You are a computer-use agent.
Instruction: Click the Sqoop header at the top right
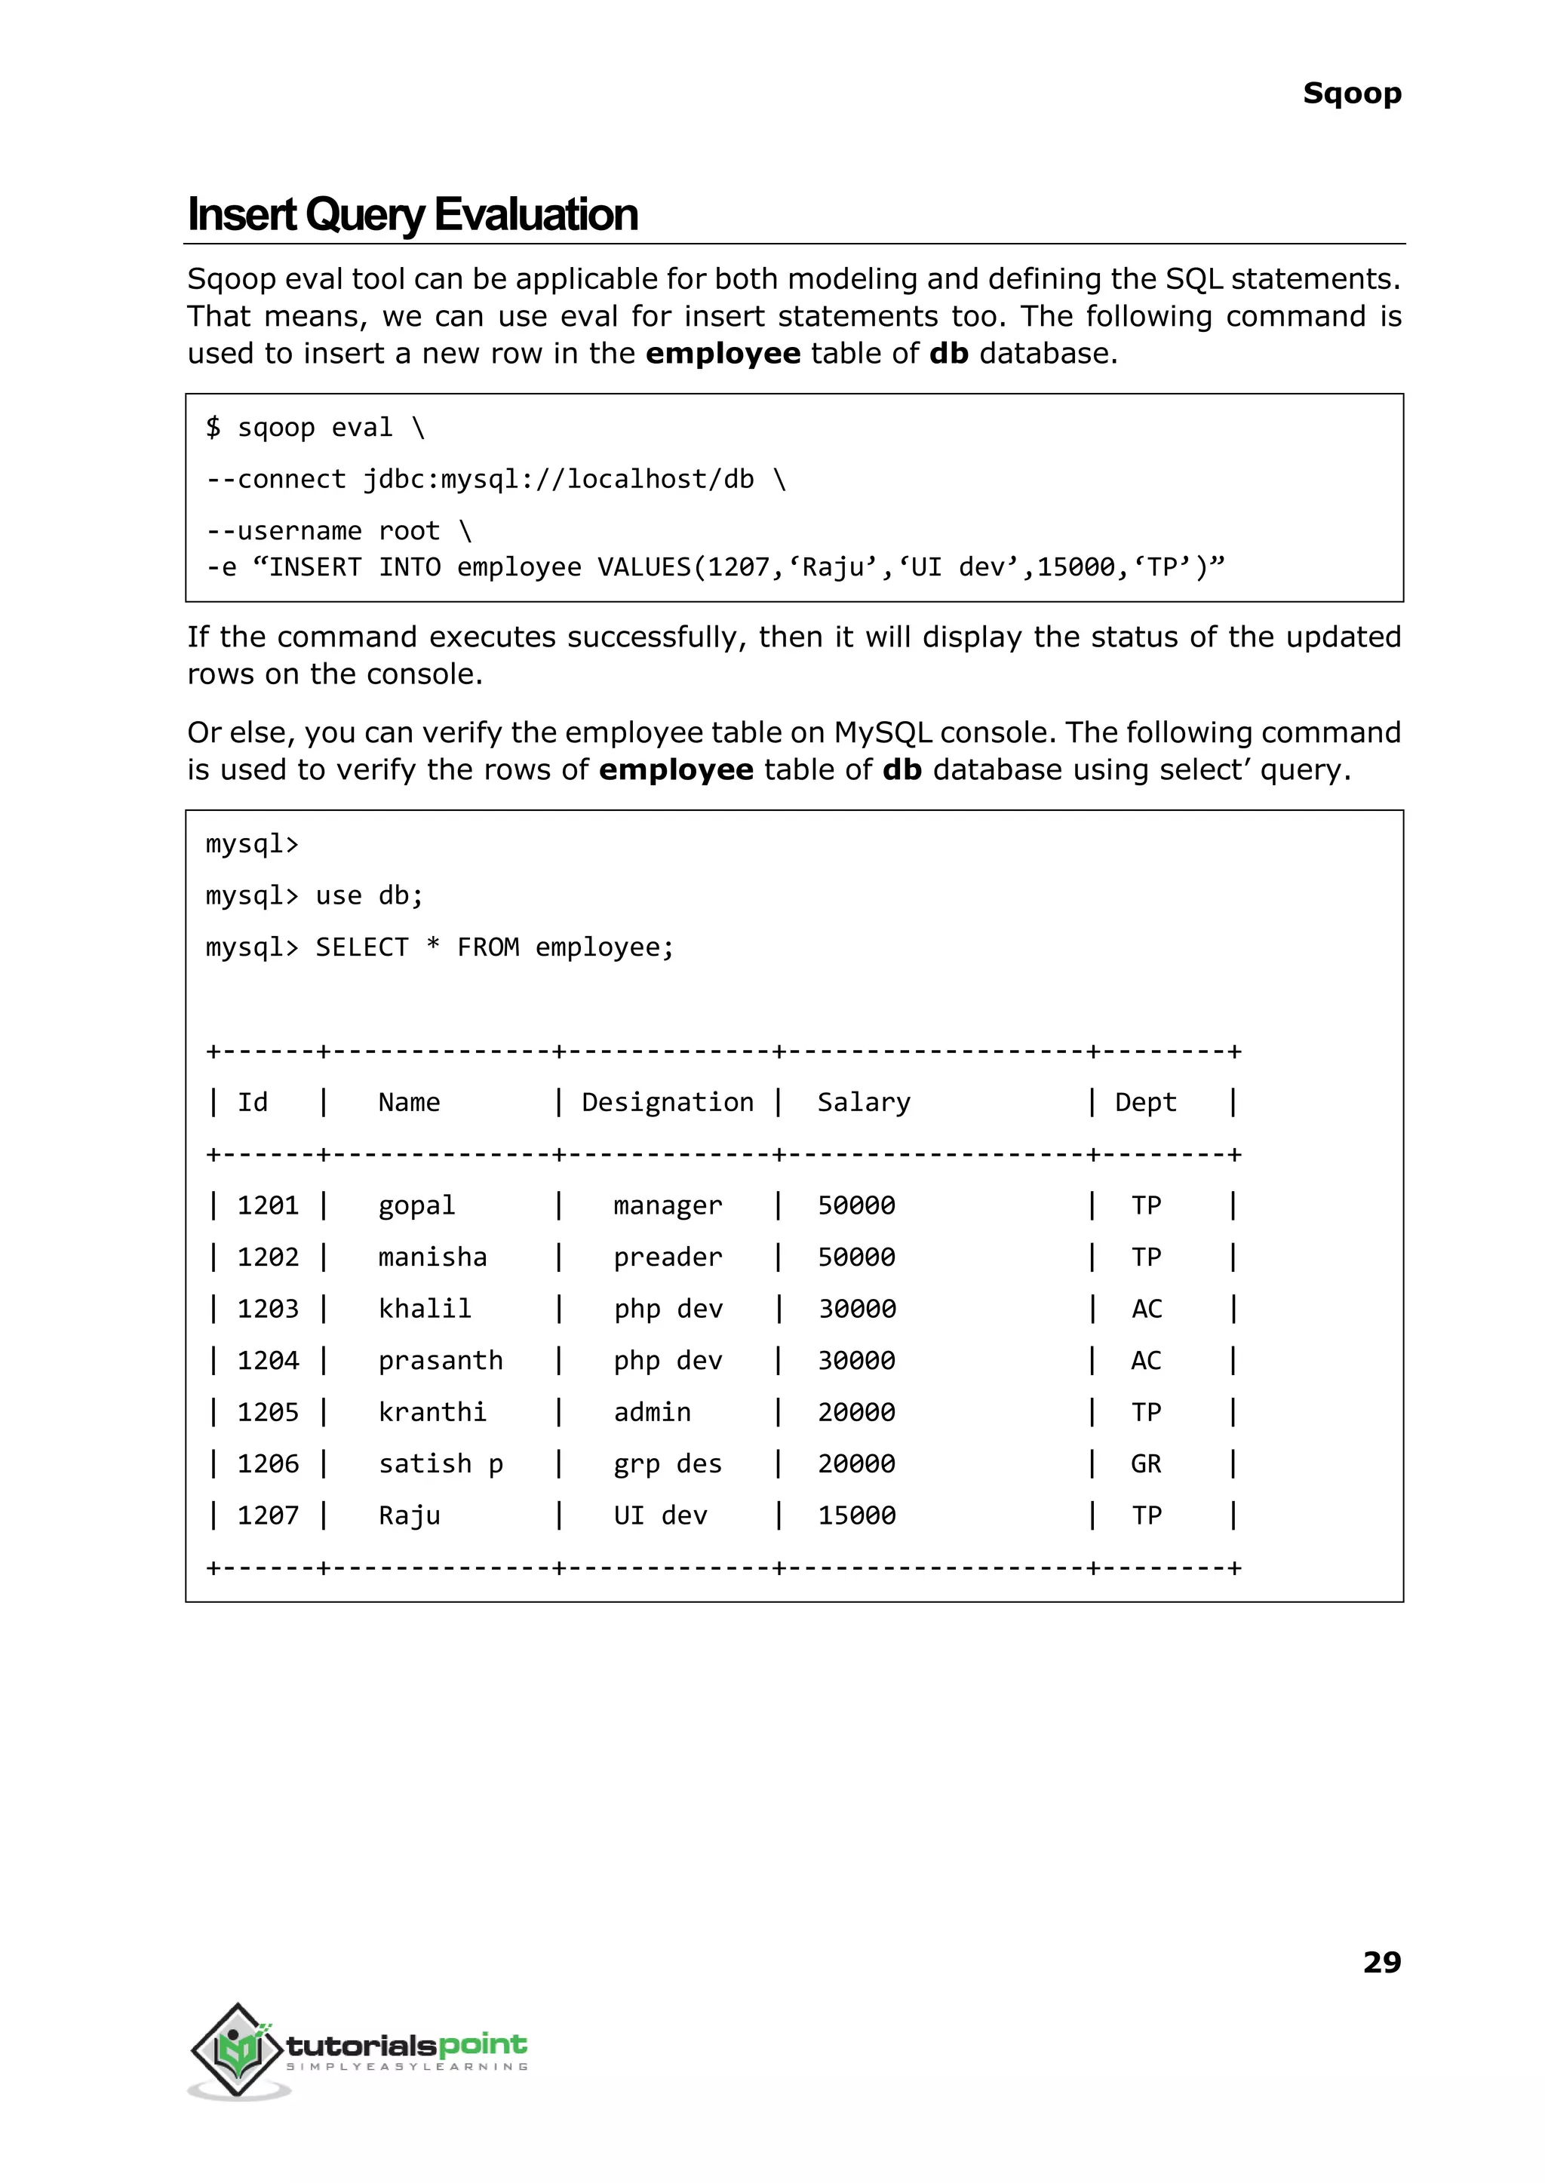click(x=1351, y=94)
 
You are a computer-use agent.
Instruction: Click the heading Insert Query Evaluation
click(x=412, y=215)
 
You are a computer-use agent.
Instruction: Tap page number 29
click(x=1381, y=1961)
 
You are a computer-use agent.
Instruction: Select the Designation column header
click(x=667, y=1103)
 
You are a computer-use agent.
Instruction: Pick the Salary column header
click(x=863, y=1103)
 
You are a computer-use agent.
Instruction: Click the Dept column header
click(x=1145, y=1103)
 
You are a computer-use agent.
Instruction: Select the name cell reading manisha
click(x=432, y=1257)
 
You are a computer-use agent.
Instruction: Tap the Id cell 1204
click(x=267, y=1360)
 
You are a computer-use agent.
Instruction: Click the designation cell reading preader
click(x=667, y=1257)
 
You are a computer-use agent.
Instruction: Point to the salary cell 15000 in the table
click(x=856, y=1515)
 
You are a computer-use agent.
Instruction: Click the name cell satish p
click(x=441, y=1464)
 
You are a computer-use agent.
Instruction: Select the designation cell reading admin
click(x=652, y=1413)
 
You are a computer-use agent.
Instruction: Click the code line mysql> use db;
click(x=314, y=896)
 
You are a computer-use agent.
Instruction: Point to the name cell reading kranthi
click(x=432, y=1413)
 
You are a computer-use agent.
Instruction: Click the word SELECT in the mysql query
click(x=361, y=947)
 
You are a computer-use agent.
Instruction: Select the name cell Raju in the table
click(x=409, y=1515)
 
